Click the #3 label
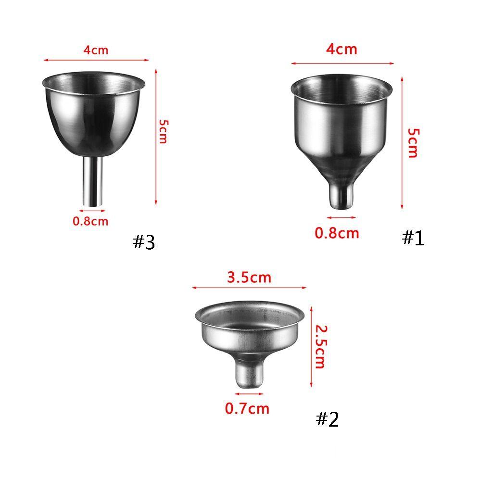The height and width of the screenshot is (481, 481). [x=144, y=242]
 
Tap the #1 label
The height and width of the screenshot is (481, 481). [x=413, y=238]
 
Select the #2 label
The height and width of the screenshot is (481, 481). [x=327, y=419]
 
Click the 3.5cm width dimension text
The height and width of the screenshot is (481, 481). [x=249, y=278]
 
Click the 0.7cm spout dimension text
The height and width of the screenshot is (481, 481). [x=247, y=409]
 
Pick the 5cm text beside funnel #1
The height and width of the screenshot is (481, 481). [x=413, y=143]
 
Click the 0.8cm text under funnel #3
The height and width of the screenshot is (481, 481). [x=90, y=221]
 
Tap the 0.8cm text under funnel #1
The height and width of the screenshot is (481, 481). [x=337, y=233]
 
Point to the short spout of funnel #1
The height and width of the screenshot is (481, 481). [x=341, y=195]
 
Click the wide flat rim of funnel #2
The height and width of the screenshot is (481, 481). [x=250, y=315]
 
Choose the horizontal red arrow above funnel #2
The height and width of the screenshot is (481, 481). [x=249, y=288]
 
